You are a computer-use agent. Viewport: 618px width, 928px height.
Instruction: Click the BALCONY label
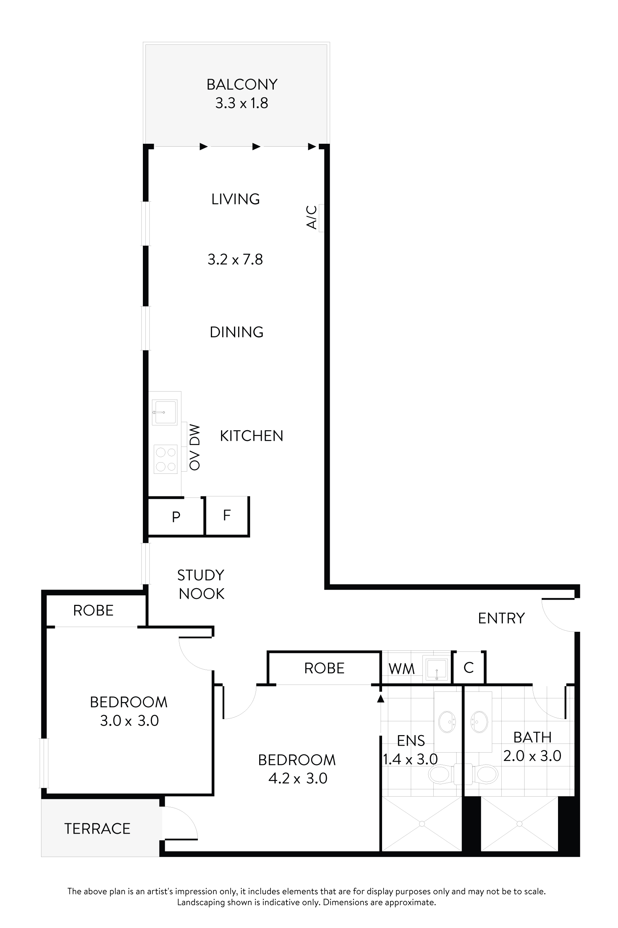[x=242, y=84]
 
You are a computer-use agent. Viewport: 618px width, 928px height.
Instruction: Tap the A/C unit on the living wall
[x=321, y=218]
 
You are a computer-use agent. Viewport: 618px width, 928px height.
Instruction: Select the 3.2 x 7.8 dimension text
[x=235, y=259]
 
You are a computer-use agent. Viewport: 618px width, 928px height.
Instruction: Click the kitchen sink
[x=165, y=412]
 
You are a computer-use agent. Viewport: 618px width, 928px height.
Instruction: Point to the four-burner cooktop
[x=165, y=459]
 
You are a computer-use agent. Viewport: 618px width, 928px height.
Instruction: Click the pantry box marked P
[x=176, y=516]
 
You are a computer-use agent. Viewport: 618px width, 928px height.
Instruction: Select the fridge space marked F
[x=226, y=515]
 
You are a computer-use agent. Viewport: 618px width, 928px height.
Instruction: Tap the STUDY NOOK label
[x=201, y=584]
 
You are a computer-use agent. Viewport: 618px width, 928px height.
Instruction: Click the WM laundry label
[x=401, y=669]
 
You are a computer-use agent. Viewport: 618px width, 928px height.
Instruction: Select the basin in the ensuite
[x=448, y=722]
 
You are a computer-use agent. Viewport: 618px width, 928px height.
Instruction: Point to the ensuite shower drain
[x=422, y=824]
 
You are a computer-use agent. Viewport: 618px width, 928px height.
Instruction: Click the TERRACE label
[x=97, y=829]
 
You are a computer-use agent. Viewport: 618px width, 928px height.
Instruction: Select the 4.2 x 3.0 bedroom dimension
[x=298, y=778]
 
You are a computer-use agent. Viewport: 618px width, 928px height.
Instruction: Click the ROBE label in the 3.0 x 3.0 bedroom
[x=93, y=610]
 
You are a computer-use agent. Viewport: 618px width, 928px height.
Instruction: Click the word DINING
[x=237, y=332]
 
